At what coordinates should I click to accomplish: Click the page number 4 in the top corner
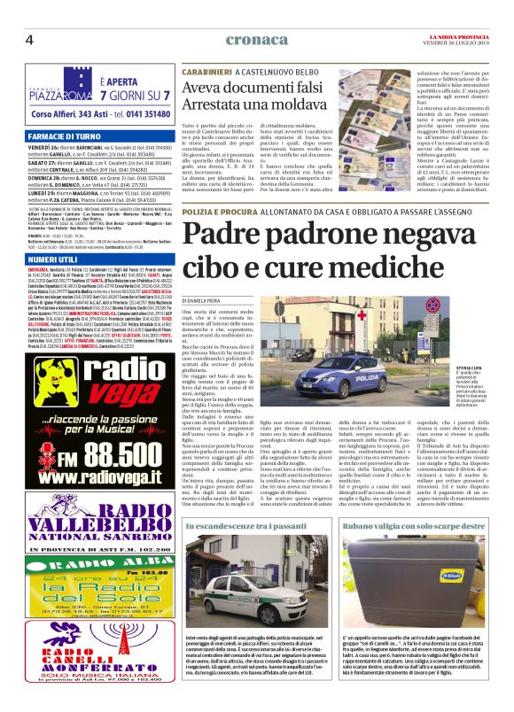tap(29, 38)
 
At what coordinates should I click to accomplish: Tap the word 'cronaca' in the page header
tap(256, 39)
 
